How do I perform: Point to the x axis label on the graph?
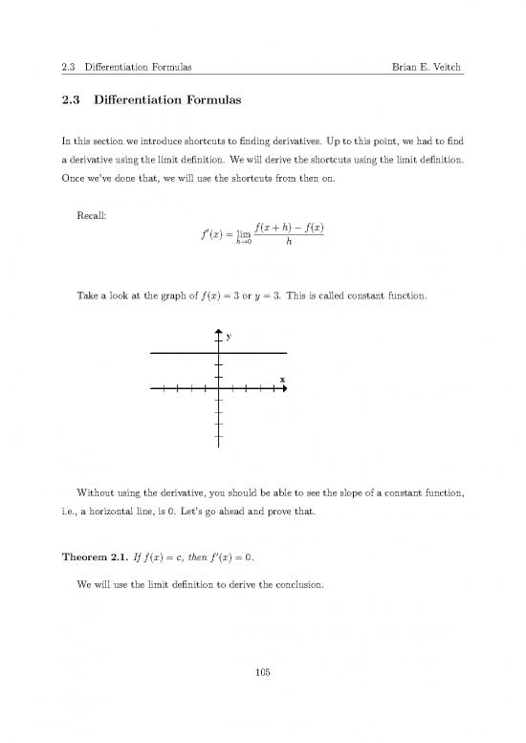click(x=281, y=380)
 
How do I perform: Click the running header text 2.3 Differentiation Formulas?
click(x=120, y=67)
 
